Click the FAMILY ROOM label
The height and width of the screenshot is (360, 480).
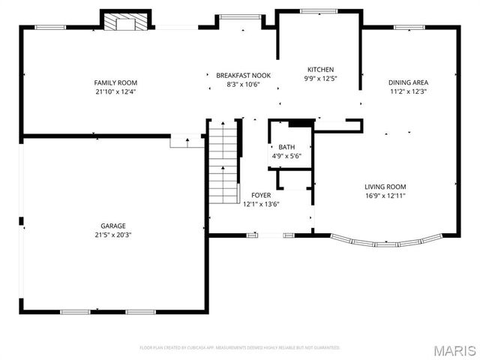click(x=115, y=82)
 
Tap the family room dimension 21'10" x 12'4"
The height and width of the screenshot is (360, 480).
click(x=115, y=91)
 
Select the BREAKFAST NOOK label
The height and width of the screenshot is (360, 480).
click(x=243, y=76)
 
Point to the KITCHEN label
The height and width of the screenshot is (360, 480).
click(x=320, y=70)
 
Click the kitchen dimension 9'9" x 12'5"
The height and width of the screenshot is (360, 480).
click(x=320, y=78)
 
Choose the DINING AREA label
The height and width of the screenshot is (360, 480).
click(x=409, y=82)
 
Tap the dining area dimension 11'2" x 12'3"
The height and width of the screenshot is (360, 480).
click(x=409, y=91)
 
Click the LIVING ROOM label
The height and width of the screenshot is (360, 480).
click(x=385, y=187)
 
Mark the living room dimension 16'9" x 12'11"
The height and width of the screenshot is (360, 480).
click(x=385, y=196)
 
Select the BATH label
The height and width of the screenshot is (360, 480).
click(x=286, y=147)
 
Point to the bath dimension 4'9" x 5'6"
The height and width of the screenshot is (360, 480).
click(x=286, y=156)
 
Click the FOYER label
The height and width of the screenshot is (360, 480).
click(x=260, y=195)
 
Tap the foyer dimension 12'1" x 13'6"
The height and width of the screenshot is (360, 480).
click(x=260, y=204)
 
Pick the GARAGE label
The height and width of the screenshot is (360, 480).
click(x=113, y=226)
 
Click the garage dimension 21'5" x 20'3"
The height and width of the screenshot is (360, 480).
click(x=113, y=235)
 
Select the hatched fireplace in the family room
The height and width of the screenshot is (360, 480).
click(x=119, y=22)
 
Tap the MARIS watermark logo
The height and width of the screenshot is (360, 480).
click(x=454, y=349)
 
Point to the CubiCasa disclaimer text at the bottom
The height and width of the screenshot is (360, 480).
click(x=240, y=347)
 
